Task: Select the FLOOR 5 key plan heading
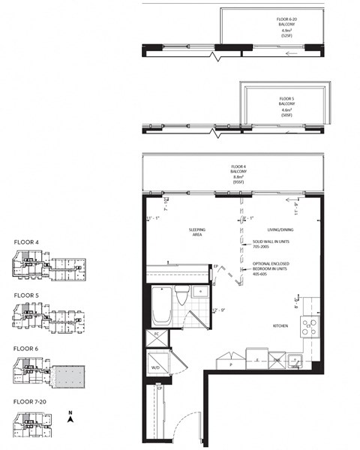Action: [x=26, y=295]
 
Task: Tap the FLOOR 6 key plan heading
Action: [x=26, y=349]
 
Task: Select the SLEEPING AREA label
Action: [x=197, y=232]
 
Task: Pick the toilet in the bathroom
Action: [x=182, y=295]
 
